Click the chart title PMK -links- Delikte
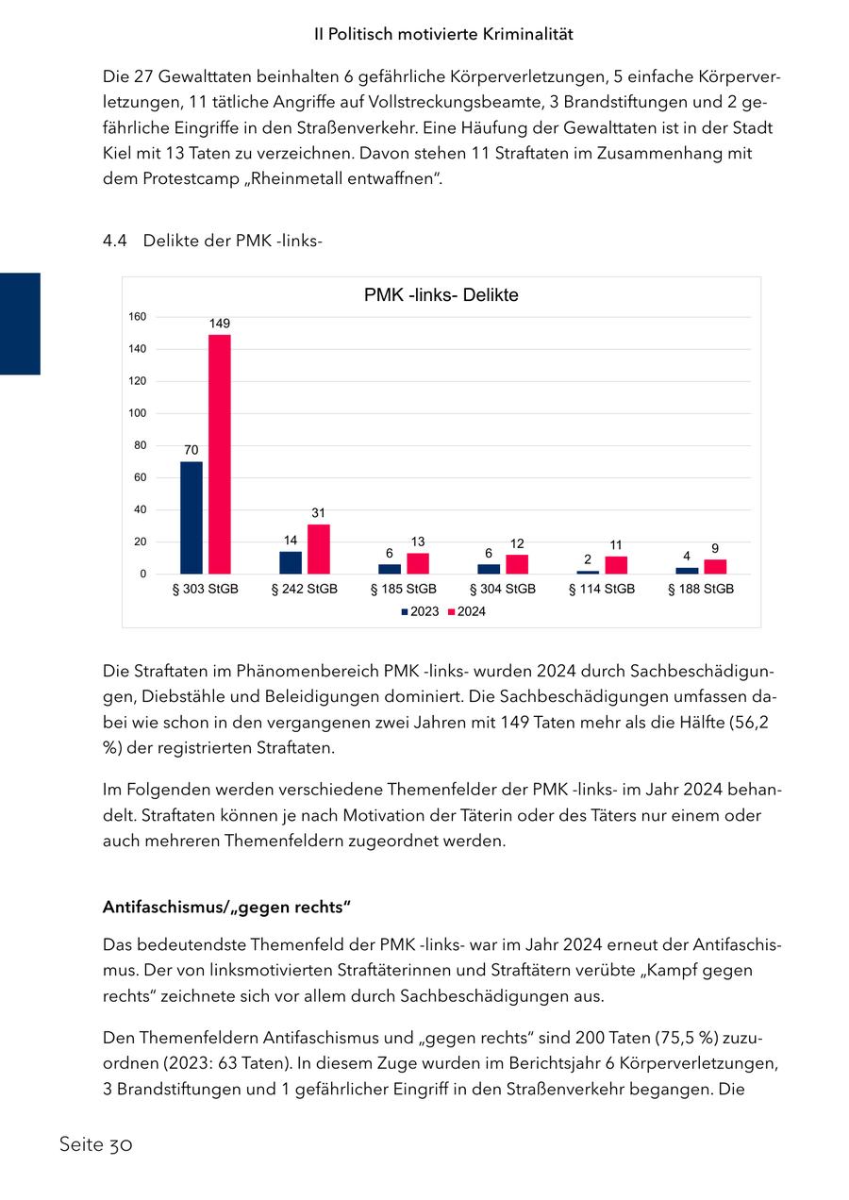[x=441, y=295]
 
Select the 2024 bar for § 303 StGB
[x=219, y=454]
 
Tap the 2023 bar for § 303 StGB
[x=191, y=517]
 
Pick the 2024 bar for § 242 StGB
[x=319, y=549]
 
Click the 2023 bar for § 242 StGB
[x=291, y=562]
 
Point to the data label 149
[x=219, y=324]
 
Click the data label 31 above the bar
[x=319, y=512]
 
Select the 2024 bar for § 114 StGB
[x=616, y=565]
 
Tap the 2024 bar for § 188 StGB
[x=715, y=566]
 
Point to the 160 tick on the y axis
[x=138, y=317]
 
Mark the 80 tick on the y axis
[x=140, y=445]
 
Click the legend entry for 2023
[x=420, y=611]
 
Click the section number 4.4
[x=114, y=241]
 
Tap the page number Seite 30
[x=95, y=1145]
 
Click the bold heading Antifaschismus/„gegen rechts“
[x=226, y=908]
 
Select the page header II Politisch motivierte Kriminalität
[x=443, y=34]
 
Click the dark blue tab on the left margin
[x=20, y=324]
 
